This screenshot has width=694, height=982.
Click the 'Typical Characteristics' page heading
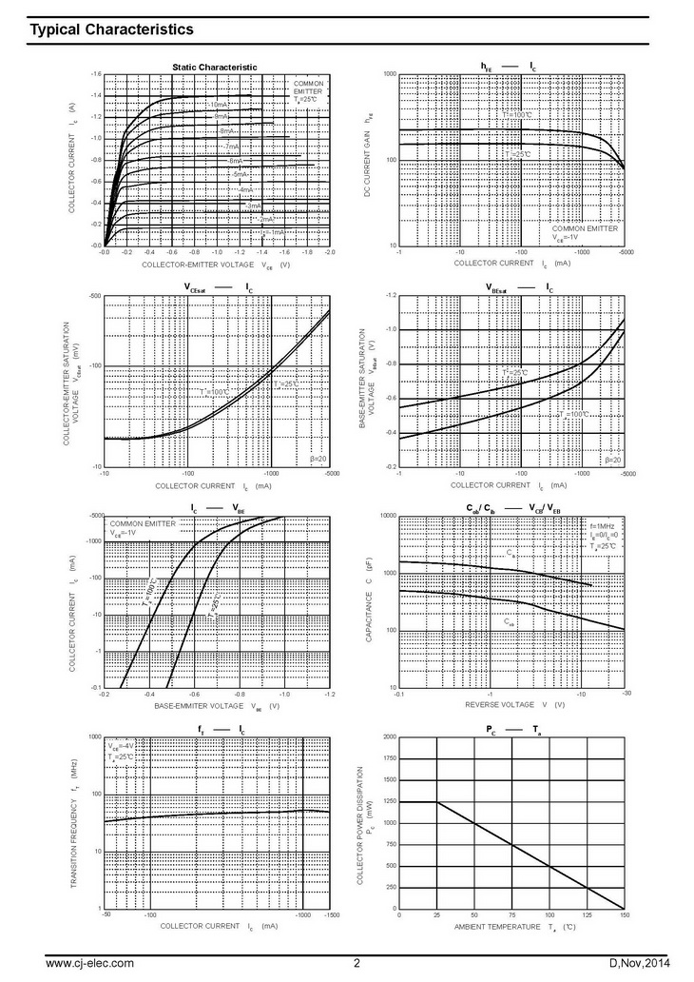pyautogui.click(x=112, y=30)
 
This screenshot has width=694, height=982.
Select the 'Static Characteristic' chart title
pyautogui.click(x=214, y=66)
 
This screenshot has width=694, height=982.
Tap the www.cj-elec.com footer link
pyautogui.click(x=89, y=964)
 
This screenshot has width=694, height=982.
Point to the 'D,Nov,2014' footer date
pyautogui.click(x=631, y=964)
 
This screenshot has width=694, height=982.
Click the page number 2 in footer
pyautogui.click(x=357, y=964)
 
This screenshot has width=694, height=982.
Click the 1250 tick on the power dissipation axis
pyautogui.click(x=388, y=803)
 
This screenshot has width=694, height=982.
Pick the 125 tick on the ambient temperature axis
pyautogui.click(x=587, y=915)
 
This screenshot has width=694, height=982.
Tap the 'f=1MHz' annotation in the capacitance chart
pyautogui.click(x=604, y=526)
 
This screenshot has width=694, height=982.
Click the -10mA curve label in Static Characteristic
pyautogui.click(x=218, y=104)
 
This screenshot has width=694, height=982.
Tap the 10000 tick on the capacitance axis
pyautogui.click(x=386, y=515)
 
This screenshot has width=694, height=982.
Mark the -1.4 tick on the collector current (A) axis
pyautogui.click(x=95, y=96)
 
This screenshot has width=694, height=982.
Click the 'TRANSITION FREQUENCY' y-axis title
pyautogui.click(x=73, y=824)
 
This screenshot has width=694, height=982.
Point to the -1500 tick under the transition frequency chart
pyautogui.click(x=329, y=915)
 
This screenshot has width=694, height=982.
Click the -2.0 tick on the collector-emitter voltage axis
pyautogui.click(x=329, y=254)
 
